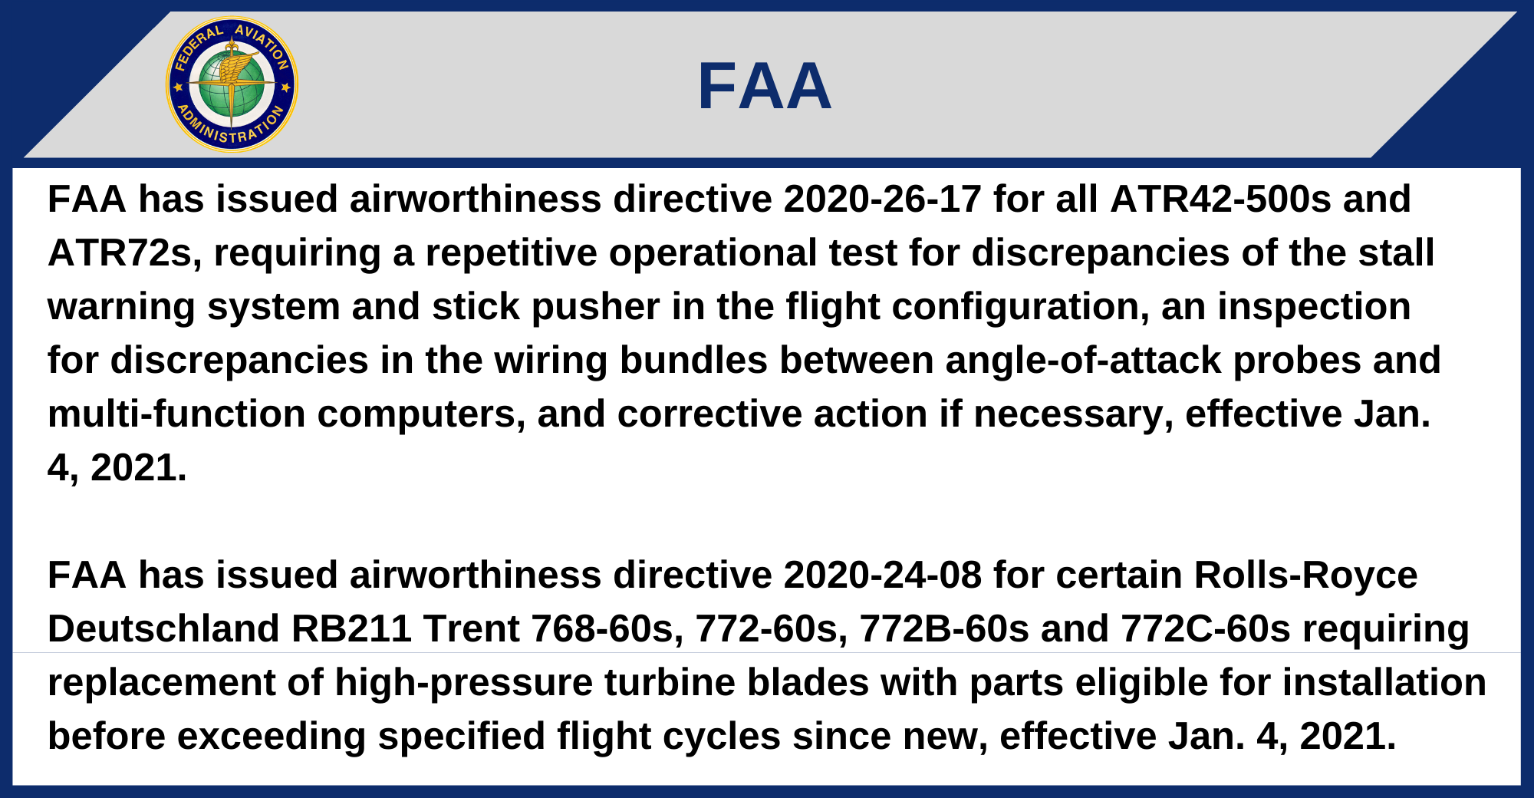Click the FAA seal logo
tap(232, 84)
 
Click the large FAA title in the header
tap(765, 87)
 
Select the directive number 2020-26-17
tap(883, 199)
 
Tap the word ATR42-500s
tap(1220, 199)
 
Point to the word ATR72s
tap(125, 253)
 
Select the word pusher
tap(596, 307)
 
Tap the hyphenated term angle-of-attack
tap(1083, 361)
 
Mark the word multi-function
tap(176, 414)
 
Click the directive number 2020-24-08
tap(883, 575)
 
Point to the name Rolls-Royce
tap(1306, 575)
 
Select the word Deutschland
tap(163, 629)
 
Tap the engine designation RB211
tap(352, 629)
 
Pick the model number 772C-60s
tap(1206, 629)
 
